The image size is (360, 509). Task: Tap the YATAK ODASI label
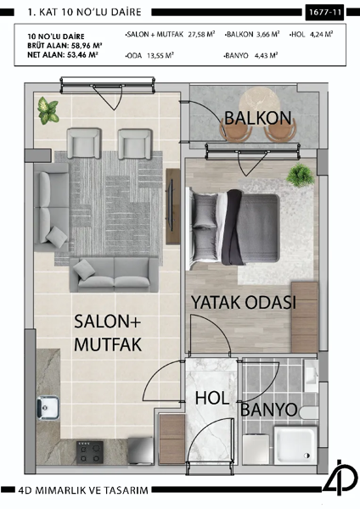click(243, 303)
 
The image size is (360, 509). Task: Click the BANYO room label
click(268, 410)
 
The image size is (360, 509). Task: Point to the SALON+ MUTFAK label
click(107, 333)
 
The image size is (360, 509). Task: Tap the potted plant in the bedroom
click(299, 176)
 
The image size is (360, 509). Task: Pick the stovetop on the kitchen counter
click(89, 451)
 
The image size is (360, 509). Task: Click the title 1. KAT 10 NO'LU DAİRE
click(83, 13)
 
